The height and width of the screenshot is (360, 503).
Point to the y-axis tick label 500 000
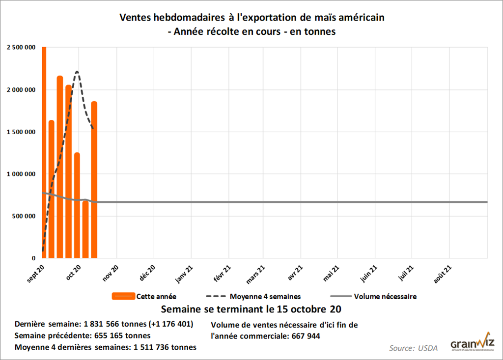pyautogui.click(x=23, y=216)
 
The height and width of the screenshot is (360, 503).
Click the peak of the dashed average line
pyautogui.click(x=77, y=72)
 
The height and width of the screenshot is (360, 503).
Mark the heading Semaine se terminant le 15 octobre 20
pyautogui.click(x=251, y=310)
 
